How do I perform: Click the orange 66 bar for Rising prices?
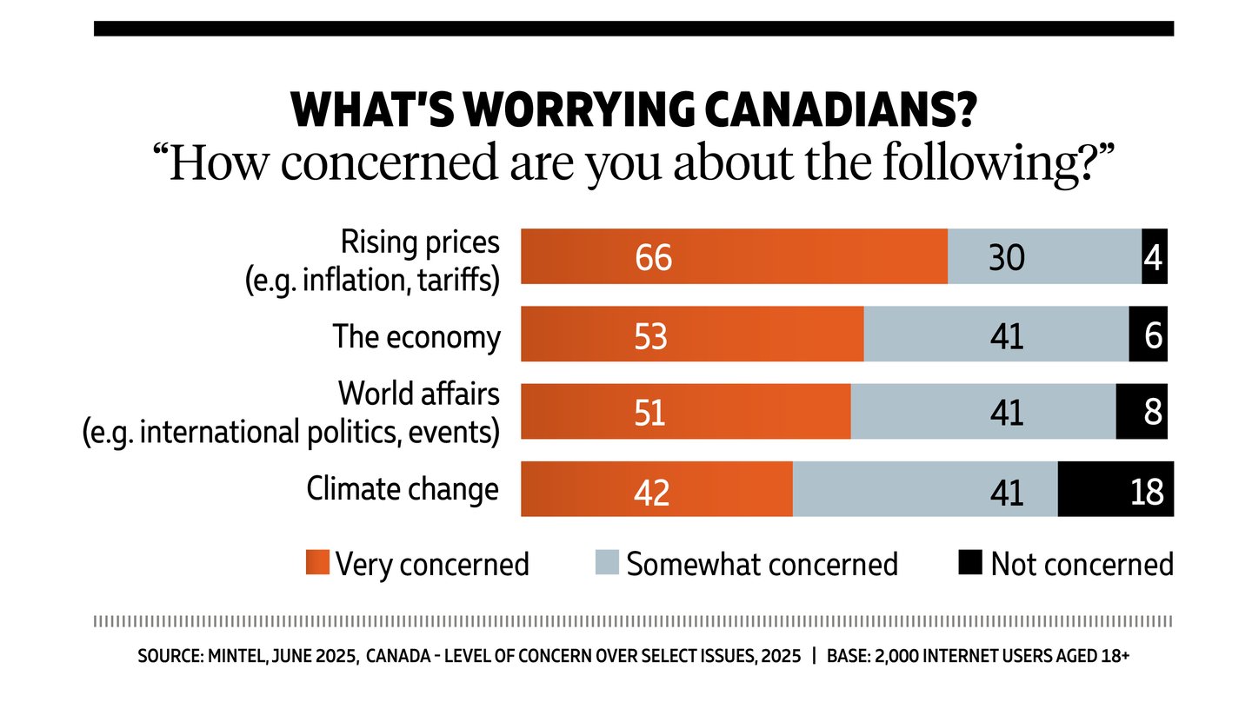pos(733,256)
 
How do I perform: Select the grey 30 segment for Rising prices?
pos(1043,256)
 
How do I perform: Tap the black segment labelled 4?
pos(1154,256)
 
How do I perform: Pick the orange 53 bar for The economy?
pos(691,334)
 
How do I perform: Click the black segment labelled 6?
pos(1148,334)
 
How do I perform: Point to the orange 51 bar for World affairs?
pos(685,411)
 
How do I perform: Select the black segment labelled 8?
pos(1142,411)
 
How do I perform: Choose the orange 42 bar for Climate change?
pos(656,489)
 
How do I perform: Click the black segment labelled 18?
pos(1115,489)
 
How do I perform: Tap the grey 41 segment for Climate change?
pos(925,489)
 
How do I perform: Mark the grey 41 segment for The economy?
pos(996,334)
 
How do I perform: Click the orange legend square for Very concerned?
pos(317,563)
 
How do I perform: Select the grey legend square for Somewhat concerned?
pos(608,563)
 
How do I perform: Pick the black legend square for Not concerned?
pos(971,563)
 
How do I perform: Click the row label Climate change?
pos(403,489)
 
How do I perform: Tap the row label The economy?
pos(417,337)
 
